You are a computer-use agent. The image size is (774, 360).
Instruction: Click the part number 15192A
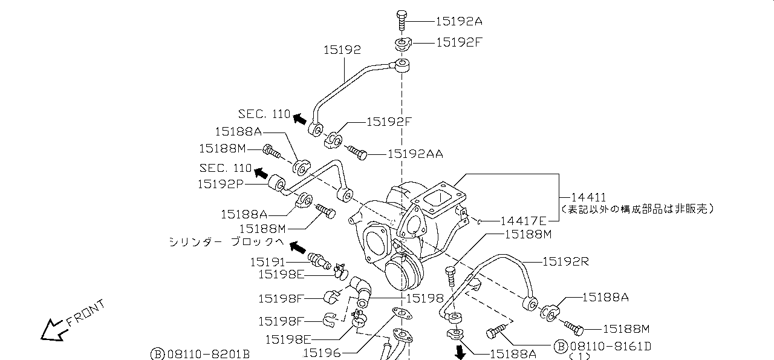pos(459,21)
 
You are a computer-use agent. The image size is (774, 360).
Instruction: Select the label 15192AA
pos(415,154)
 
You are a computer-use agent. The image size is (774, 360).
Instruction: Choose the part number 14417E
pos(524,221)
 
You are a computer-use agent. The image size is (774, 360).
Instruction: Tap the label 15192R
pos(565,261)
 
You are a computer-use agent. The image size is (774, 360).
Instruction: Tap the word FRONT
pos(85,312)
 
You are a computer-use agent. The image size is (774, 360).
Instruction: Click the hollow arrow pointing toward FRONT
pos(53,329)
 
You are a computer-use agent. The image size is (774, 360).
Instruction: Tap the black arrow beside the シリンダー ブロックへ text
pos(298,247)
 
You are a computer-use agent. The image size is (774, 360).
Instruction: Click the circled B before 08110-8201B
pos(157,353)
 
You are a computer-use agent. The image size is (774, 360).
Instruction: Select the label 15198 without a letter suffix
pos(424,298)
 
